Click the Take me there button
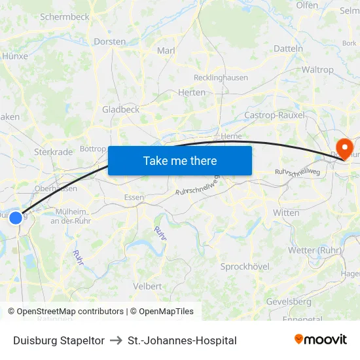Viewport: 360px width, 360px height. (x=180, y=160)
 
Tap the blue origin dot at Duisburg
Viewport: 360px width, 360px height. (x=16, y=217)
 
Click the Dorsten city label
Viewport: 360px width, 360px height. (x=110, y=41)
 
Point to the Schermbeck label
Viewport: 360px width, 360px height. (x=65, y=17)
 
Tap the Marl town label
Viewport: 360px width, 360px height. (x=166, y=50)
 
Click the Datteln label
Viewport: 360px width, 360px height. (x=288, y=48)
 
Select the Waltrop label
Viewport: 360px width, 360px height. (x=317, y=69)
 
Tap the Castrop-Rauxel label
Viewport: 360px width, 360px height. (x=274, y=115)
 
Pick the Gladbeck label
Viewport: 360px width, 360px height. (x=120, y=109)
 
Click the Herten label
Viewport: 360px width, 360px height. (x=191, y=93)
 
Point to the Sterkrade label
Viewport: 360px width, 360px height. (x=53, y=152)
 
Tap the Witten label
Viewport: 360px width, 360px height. (x=286, y=213)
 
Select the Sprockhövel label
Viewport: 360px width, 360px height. (x=245, y=266)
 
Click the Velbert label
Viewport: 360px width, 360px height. (x=147, y=286)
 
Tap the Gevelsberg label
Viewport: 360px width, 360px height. (x=289, y=302)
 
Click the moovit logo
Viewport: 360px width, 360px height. (x=321, y=340)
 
